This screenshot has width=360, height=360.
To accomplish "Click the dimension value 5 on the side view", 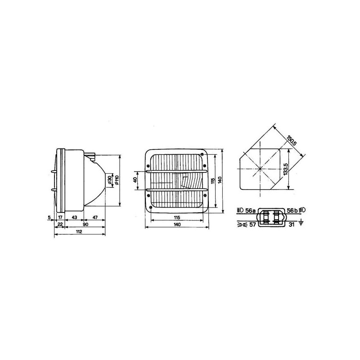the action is click(49, 217).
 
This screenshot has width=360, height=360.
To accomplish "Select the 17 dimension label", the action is click(60, 217).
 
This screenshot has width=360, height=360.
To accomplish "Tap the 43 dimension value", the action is click(74, 217).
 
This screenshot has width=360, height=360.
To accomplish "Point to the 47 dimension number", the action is click(95, 217).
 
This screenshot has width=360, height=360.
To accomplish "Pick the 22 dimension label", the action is click(60, 224).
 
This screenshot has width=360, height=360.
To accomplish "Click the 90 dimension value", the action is click(85, 224).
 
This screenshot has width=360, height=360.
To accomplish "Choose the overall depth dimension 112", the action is click(79, 231).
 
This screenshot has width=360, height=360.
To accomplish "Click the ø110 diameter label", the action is click(117, 180).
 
